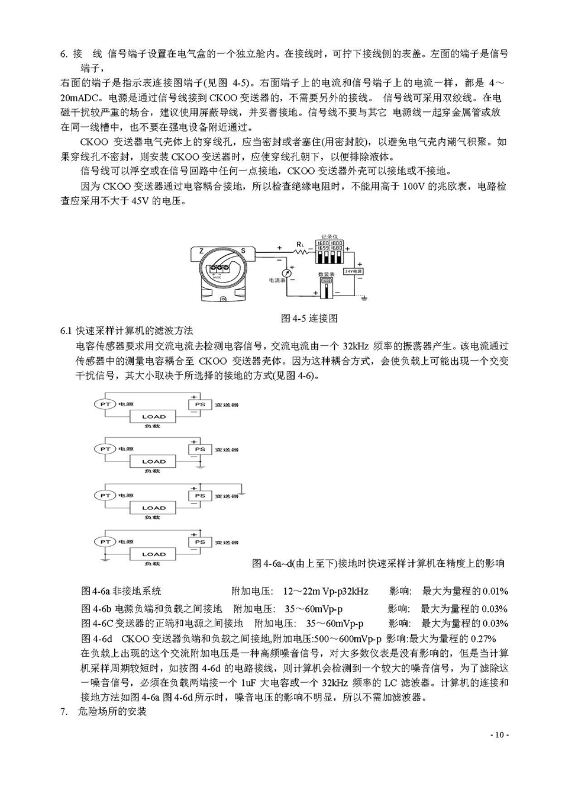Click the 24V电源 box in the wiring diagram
click(x=354, y=271)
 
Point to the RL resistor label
click(x=300, y=243)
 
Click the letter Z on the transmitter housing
click(x=202, y=251)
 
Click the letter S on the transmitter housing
click(x=242, y=251)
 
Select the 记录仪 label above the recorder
click(x=329, y=235)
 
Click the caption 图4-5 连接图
click(x=309, y=318)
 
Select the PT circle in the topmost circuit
click(x=105, y=404)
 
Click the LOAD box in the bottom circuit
click(x=154, y=554)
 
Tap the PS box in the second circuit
click(x=200, y=450)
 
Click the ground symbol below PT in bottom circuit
click(x=104, y=558)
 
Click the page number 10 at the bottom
click(x=498, y=735)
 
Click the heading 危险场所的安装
click(x=112, y=711)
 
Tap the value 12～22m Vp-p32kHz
click(x=325, y=591)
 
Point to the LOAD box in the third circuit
click(x=154, y=508)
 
